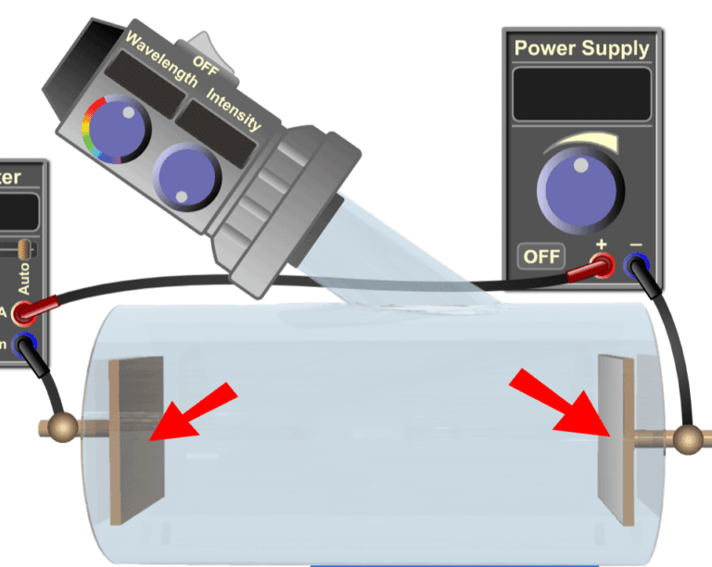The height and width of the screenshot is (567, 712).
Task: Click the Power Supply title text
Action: coord(581,48)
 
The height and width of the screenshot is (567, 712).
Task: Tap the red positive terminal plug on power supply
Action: coord(602,269)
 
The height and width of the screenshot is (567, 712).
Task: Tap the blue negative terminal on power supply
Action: coord(637,268)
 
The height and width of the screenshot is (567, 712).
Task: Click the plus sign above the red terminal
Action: coord(601,246)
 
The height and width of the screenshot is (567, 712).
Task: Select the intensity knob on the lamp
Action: coord(186,175)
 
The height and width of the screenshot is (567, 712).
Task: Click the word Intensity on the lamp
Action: coord(233,109)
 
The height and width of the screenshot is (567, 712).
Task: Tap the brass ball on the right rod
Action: coord(687,437)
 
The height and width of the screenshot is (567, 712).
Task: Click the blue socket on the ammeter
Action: coord(25,346)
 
